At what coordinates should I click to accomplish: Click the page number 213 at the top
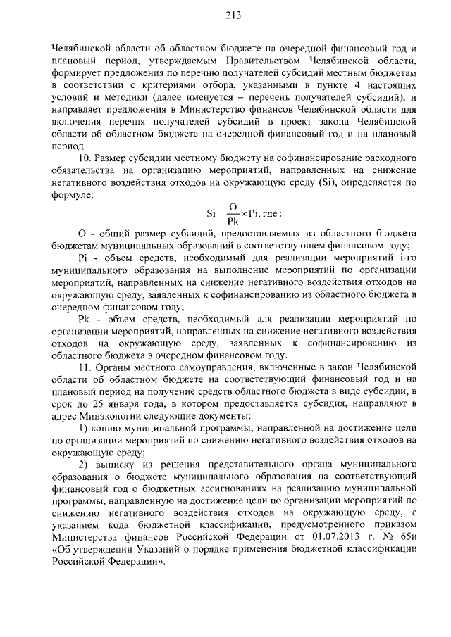tap(233, 16)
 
